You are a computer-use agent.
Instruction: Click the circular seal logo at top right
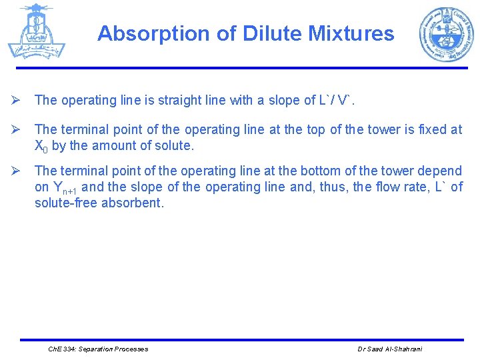[445, 35]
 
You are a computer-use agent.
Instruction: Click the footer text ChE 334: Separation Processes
[99, 349]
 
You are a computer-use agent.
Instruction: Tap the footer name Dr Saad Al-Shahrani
[391, 349]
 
